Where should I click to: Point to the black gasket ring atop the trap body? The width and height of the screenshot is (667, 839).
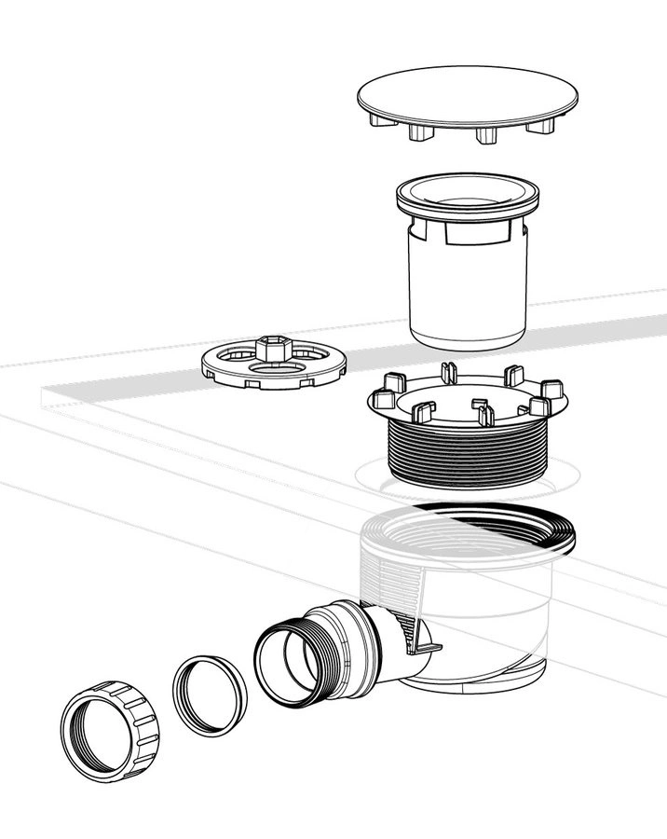pos(559,527)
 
